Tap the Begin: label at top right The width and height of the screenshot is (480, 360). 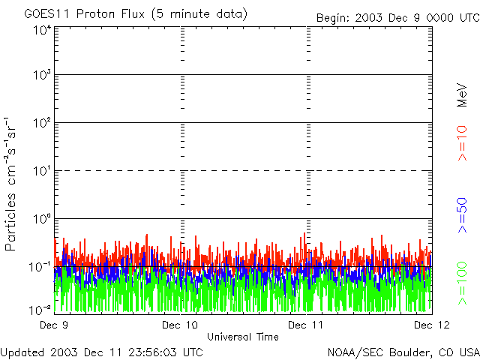(x=334, y=17)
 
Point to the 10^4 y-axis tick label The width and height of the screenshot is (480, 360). (x=42, y=31)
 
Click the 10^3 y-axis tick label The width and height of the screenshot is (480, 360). (x=42, y=76)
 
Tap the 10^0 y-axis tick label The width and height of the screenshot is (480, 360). (x=42, y=220)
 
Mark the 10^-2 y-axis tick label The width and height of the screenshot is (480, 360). (x=40, y=310)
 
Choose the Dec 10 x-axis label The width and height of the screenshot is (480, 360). (x=180, y=325)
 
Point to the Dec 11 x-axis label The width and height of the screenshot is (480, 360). (x=306, y=325)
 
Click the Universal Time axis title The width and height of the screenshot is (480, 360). (x=242, y=337)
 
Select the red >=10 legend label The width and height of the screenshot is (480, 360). (x=462, y=143)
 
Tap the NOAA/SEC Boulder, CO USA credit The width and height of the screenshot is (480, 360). (x=403, y=352)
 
